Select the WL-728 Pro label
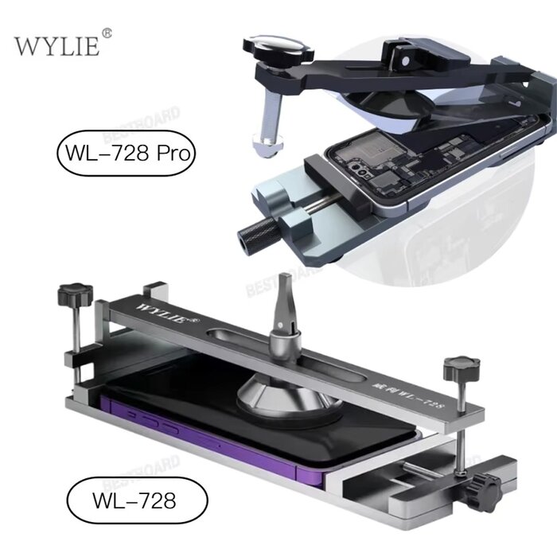(125, 151)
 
